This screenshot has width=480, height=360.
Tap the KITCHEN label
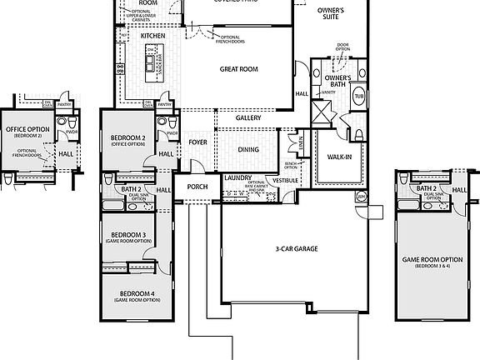[153, 37]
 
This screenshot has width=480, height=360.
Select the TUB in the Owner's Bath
[359, 96]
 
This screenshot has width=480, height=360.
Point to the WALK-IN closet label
[338, 157]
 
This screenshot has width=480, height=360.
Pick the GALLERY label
[247, 118]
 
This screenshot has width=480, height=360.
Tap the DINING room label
[248, 149]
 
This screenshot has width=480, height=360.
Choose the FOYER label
[197, 142]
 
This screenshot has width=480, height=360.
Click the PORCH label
[197, 187]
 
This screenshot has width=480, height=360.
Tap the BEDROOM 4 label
[136, 294]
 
